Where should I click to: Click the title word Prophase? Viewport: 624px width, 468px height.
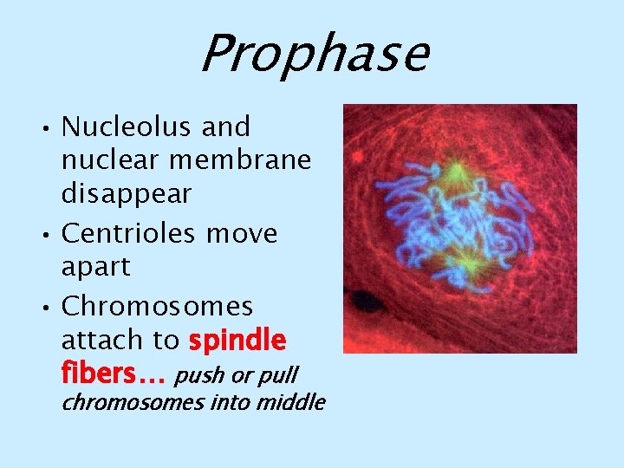pyautogui.click(x=313, y=53)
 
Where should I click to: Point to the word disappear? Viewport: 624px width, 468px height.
pyautogui.click(x=126, y=194)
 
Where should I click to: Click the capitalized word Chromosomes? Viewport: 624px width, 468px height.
pyautogui.click(x=158, y=307)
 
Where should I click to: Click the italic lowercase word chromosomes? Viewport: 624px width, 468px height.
pyautogui.click(x=132, y=403)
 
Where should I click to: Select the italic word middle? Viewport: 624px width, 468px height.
pyautogui.click(x=294, y=403)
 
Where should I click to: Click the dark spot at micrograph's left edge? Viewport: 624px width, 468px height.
pyautogui.click(x=367, y=302)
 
